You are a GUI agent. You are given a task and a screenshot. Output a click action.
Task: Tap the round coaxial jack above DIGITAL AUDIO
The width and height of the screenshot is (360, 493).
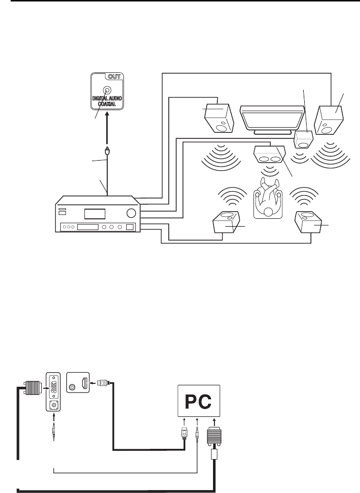[x=107, y=90]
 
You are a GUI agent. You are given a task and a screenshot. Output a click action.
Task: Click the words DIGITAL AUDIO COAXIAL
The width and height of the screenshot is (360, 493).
[x=107, y=101]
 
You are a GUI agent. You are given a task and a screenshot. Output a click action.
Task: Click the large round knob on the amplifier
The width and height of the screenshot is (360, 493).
[x=130, y=212]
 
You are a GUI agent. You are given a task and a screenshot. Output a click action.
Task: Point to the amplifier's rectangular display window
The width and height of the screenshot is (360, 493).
[x=94, y=214]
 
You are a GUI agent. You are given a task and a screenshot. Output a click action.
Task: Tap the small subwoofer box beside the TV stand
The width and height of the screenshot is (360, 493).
[x=304, y=140]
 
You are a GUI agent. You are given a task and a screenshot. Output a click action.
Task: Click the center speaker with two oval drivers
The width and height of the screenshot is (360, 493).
[x=268, y=156]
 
